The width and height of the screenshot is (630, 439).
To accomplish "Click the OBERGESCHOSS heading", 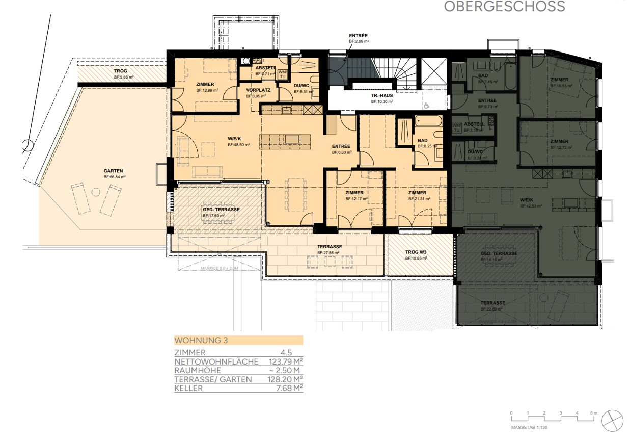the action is click(x=504, y=7).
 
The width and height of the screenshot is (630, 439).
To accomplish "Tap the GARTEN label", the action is click(x=114, y=171).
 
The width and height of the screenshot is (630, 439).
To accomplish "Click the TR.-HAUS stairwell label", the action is click(x=381, y=95).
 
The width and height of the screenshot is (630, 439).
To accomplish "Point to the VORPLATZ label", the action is click(x=258, y=90).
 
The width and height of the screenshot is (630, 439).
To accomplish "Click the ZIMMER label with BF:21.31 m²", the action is click(x=417, y=193).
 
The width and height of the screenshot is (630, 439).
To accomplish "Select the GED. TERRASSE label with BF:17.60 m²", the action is click(x=221, y=210).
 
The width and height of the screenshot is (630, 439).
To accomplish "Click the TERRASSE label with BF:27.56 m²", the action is click(x=329, y=247).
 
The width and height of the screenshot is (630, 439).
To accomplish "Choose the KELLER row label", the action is click(x=188, y=389).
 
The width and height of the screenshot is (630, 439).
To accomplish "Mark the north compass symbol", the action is click(x=613, y=419).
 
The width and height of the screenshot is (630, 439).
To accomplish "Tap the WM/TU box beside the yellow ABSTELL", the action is click(x=282, y=73).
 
